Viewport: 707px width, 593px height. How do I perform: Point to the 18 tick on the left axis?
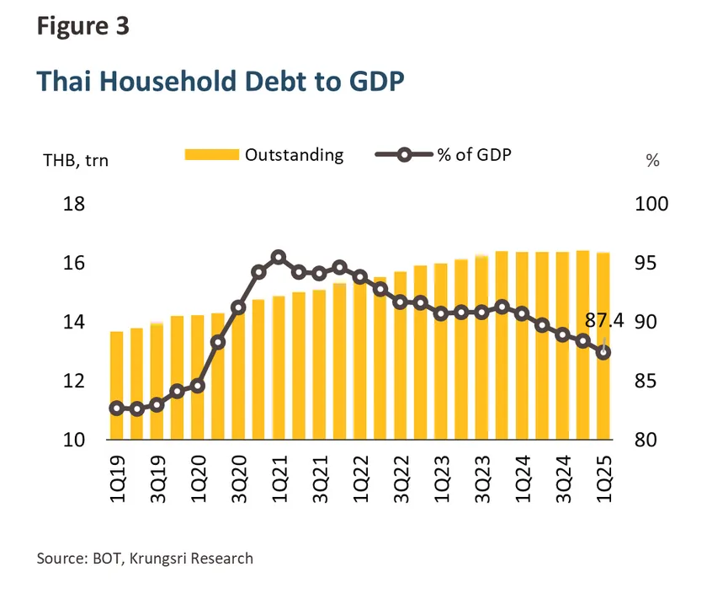[x=72, y=205]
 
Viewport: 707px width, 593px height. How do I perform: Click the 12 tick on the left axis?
[x=72, y=382]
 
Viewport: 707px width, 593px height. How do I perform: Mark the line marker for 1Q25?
[x=603, y=353]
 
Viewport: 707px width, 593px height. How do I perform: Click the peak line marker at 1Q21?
[x=279, y=258]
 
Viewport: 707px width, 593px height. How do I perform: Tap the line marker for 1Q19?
[x=116, y=408]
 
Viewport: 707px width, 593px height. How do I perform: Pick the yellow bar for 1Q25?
[x=603, y=396]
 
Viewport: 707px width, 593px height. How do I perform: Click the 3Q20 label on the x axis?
[x=238, y=478]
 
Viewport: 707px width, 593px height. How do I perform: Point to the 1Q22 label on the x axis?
[x=360, y=478]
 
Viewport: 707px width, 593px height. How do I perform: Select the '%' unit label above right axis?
[x=652, y=161]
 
